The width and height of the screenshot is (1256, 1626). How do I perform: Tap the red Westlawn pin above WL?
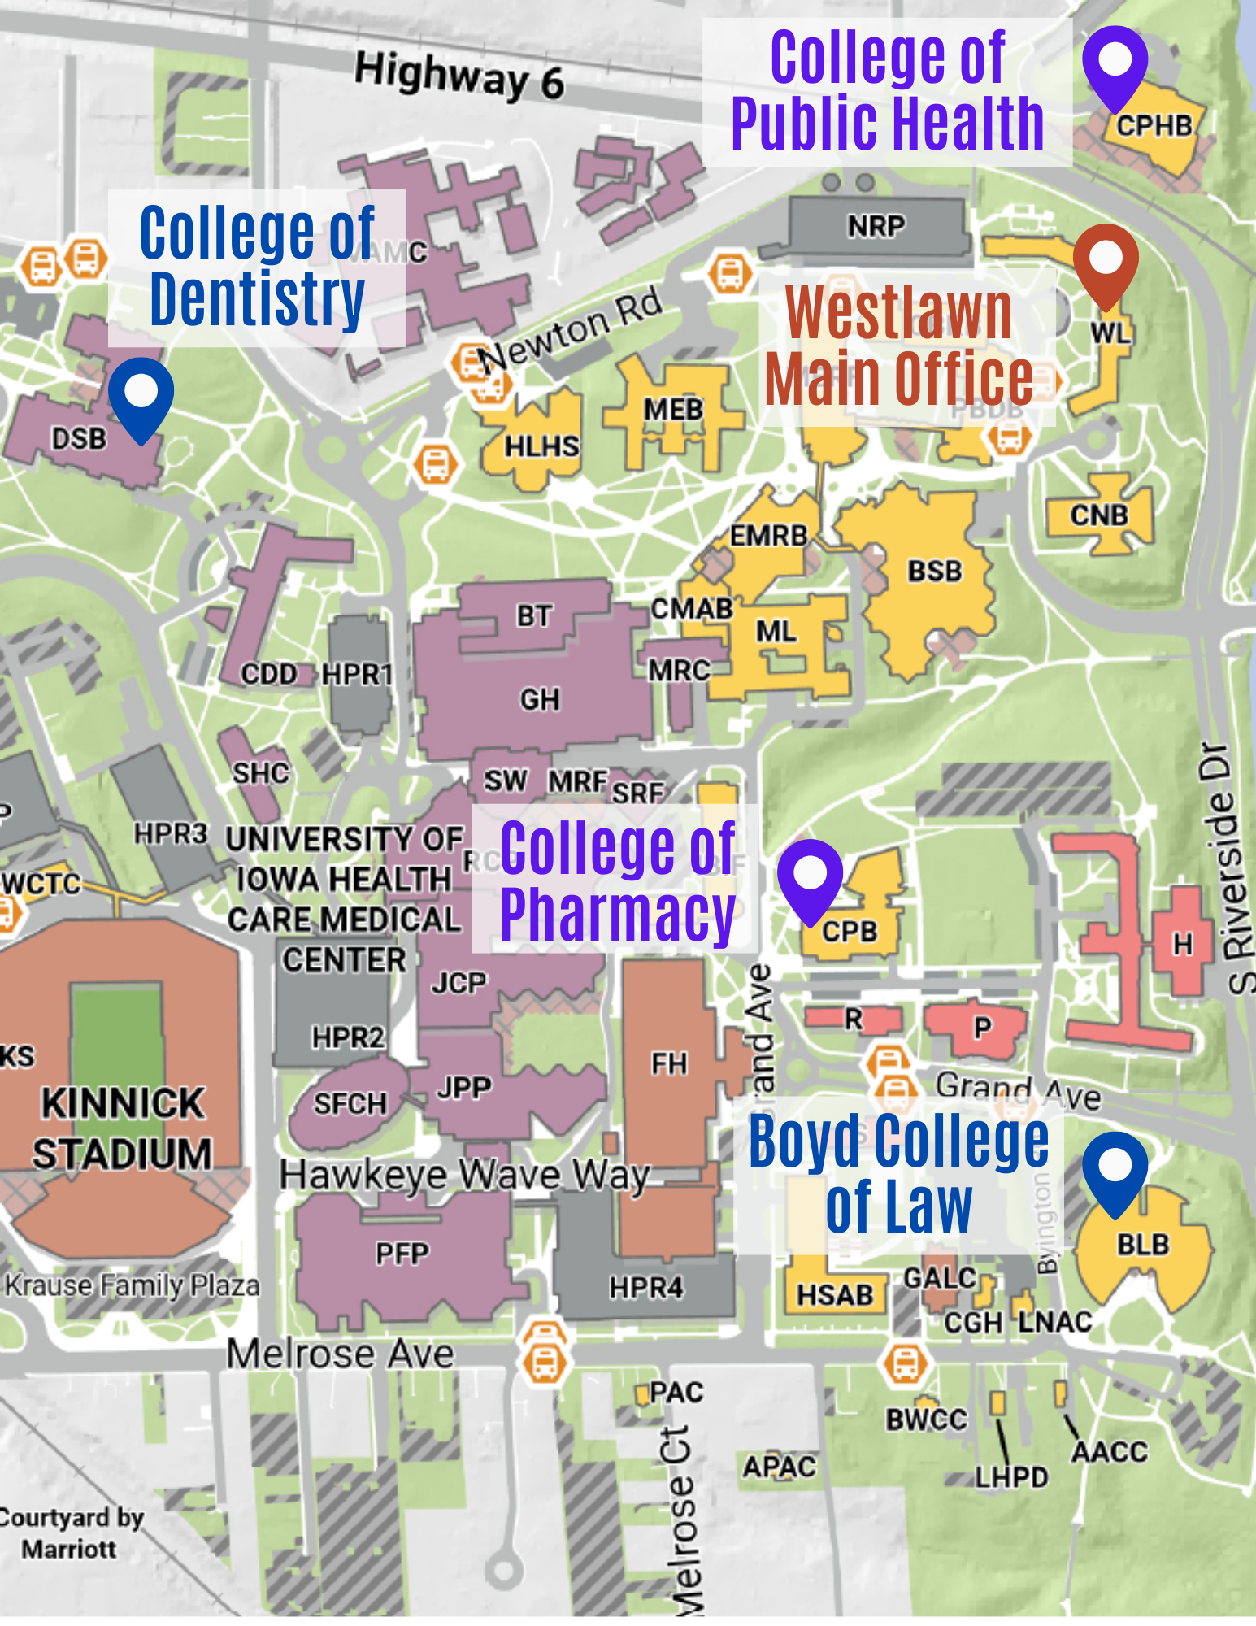tap(1106, 262)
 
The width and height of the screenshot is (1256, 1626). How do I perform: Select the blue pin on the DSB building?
tap(141, 395)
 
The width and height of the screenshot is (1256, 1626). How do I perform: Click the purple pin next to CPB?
tap(810, 877)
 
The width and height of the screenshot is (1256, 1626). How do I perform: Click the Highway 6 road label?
tap(459, 76)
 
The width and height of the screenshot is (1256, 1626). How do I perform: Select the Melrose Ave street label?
tap(340, 1354)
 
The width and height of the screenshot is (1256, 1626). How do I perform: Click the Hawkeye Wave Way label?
tap(464, 1175)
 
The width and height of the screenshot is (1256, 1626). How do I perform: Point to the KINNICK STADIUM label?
tap(122, 1128)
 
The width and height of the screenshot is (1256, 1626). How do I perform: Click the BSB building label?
tap(934, 572)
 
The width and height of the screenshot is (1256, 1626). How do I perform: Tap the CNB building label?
tap(1098, 515)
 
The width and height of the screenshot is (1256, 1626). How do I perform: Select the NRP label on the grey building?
tap(876, 226)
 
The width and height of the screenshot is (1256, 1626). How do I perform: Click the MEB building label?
tap(673, 410)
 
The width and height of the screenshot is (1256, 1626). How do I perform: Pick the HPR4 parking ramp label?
tap(646, 1288)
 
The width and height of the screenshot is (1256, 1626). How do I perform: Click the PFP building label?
tap(402, 1254)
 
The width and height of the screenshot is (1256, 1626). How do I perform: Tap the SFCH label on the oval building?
tap(350, 1104)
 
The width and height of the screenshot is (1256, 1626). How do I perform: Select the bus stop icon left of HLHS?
tap(435, 464)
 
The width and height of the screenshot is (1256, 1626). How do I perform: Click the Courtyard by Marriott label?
tap(72, 1533)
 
